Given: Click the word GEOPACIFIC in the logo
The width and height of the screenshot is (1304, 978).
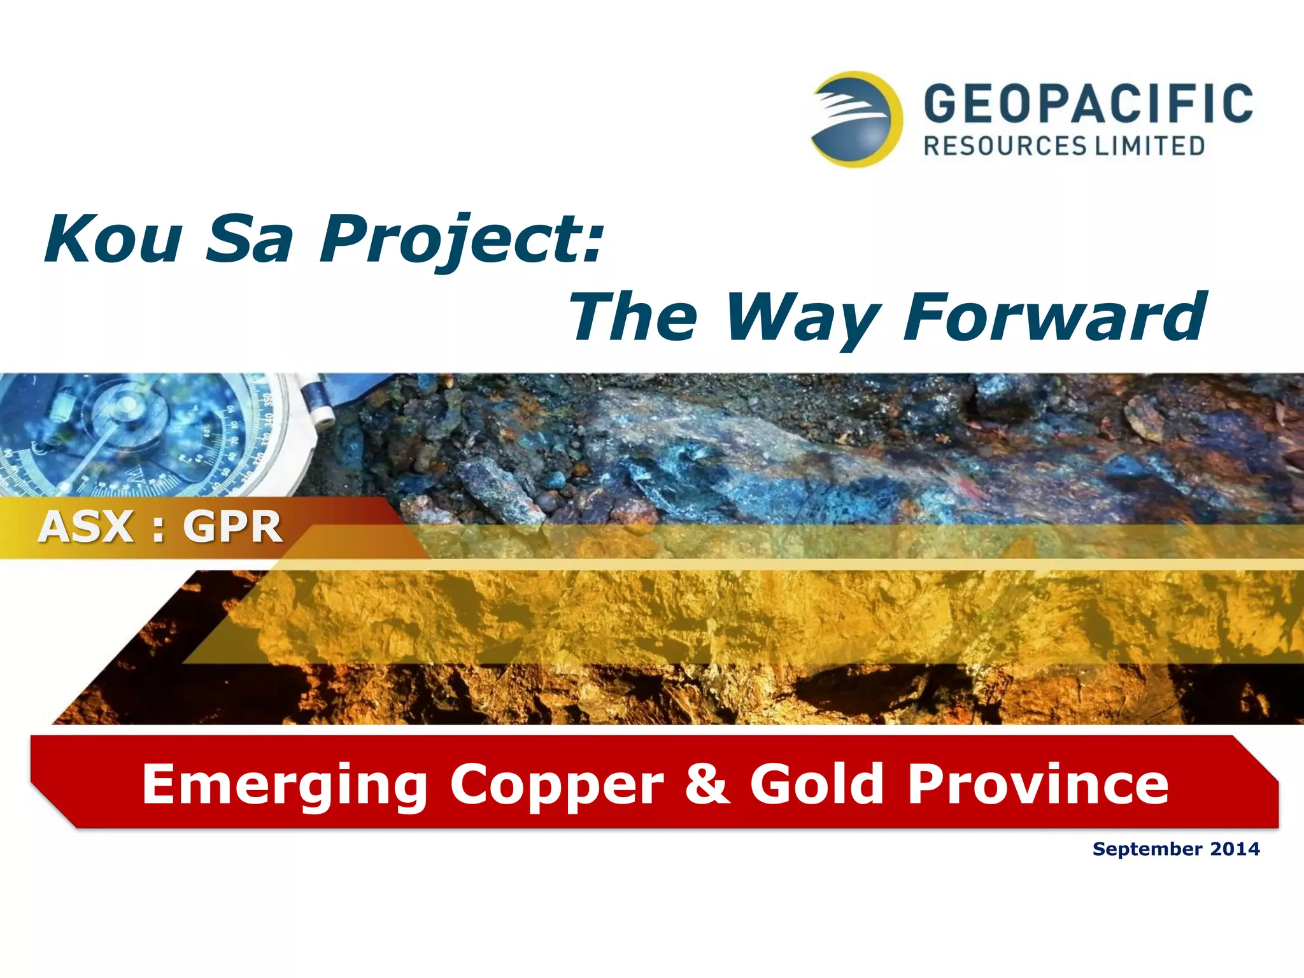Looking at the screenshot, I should [x=1088, y=104].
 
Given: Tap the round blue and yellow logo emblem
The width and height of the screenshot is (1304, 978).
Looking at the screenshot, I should [x=857, y=119].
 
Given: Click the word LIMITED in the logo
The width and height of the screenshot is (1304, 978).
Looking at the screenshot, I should [x=1149, y=146].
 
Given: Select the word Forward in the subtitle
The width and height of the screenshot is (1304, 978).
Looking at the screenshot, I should [x=1054, y=316].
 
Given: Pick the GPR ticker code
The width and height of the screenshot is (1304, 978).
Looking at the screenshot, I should [x=232, y=527].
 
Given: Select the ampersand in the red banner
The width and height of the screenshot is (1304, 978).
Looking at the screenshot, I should [x=707, y=784].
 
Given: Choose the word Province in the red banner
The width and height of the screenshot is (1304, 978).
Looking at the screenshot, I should [x=1038, y=784].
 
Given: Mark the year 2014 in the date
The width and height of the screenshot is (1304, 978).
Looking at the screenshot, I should [x=1235, y=849].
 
